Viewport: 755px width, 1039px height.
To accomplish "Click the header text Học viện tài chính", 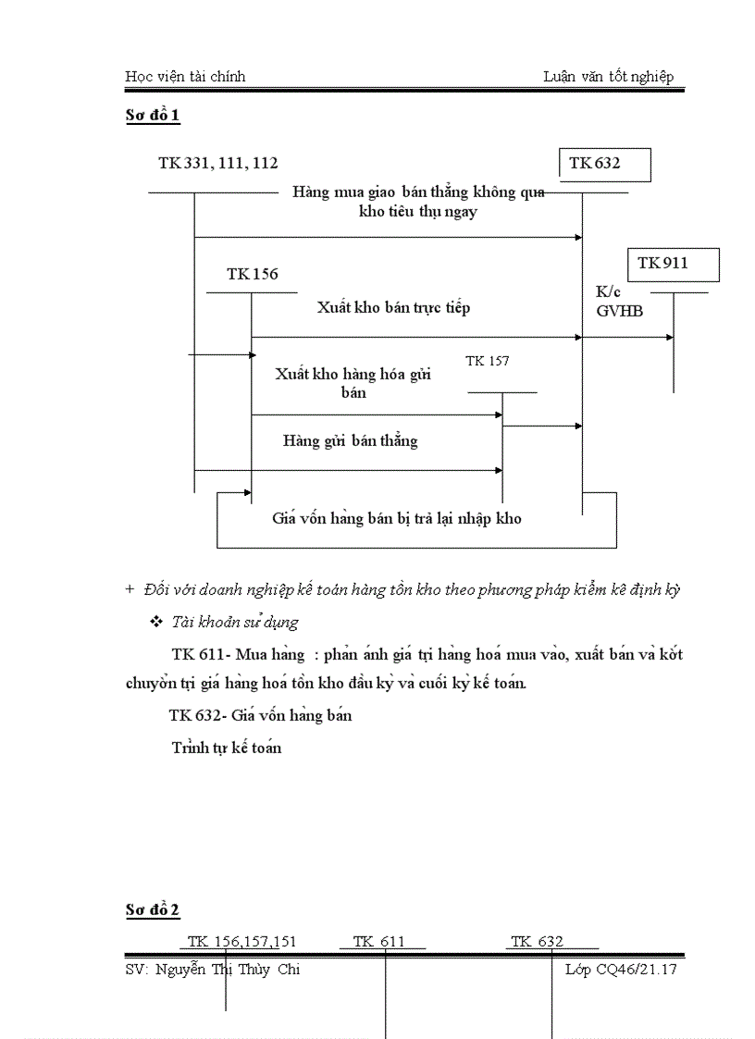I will coord(185,77).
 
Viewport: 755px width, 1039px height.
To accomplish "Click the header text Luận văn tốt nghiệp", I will coord(608,77).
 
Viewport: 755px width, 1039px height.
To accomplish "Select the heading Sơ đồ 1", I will coord(153,117).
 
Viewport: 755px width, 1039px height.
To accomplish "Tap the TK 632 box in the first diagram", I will coord(605,164).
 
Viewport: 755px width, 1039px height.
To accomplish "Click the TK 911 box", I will coord(674,264).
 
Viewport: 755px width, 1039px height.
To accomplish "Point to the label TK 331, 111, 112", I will coord(217,164).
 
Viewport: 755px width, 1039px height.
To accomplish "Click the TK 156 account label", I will coord(252,275).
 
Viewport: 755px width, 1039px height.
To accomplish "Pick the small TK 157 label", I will coord(487,361).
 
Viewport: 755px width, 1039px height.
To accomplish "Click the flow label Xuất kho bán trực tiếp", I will coord(393,307).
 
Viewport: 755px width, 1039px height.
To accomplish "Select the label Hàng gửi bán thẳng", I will coord(350,441).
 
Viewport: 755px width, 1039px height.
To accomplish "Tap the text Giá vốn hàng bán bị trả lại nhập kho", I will coord(396,518).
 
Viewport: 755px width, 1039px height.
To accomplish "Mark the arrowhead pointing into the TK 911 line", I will coord(669,338).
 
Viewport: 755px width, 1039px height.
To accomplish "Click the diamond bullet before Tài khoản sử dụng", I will coord(155,622).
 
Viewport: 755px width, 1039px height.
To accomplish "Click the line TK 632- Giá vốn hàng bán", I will coord(260,715).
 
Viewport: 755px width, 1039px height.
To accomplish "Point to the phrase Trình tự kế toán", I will coord(226,748).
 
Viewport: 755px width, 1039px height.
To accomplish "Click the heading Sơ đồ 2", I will coord(153,911).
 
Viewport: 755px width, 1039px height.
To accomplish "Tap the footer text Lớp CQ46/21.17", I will coord(621,970).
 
